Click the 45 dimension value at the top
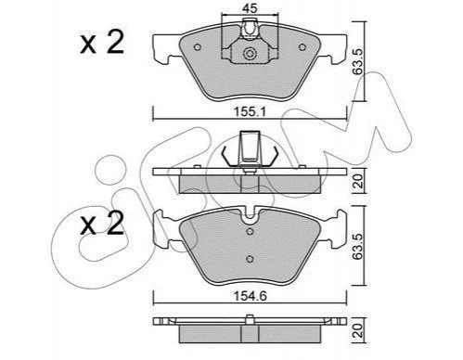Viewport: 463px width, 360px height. click(x=250, y=8)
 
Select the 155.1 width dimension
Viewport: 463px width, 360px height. click(x=250, y=111)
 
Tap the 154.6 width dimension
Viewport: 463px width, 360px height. click(x=250, y=296)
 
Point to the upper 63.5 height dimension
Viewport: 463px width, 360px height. click(x=357, y=61)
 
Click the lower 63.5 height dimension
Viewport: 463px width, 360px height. click(x=357, y=246)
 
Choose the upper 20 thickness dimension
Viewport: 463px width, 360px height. click(x=358, y=181)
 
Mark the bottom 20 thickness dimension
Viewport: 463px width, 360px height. click(x=358, y=330)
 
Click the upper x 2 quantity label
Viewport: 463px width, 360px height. click(x=102, y=43)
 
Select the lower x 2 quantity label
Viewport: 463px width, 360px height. click(x=102, y=224)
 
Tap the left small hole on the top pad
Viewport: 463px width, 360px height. click(x=197, y=47)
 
